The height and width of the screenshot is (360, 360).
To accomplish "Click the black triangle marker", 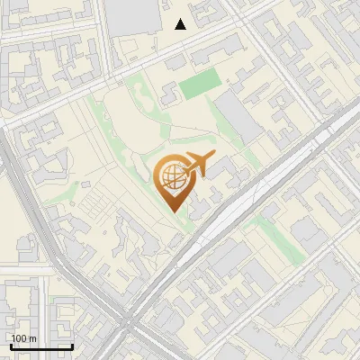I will (181, 24).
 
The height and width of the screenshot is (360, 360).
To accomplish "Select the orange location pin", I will (173, 181).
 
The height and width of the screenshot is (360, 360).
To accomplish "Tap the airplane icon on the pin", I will (198, 165).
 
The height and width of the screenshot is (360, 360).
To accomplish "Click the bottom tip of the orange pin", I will (172, 211).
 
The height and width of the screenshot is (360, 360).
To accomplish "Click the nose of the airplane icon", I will (212, 157).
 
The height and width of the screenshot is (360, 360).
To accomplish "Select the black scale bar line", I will (41, 346).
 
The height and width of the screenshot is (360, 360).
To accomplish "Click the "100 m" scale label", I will (23, 338).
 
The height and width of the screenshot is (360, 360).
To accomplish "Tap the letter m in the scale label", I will (32, 338).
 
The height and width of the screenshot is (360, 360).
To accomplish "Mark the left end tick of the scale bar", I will (11, 346).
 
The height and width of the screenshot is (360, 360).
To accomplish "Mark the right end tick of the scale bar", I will (72, 346).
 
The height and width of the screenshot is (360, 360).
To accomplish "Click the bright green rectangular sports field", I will (200, 86).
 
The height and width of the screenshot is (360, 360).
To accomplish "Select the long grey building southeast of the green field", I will (238, 117).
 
